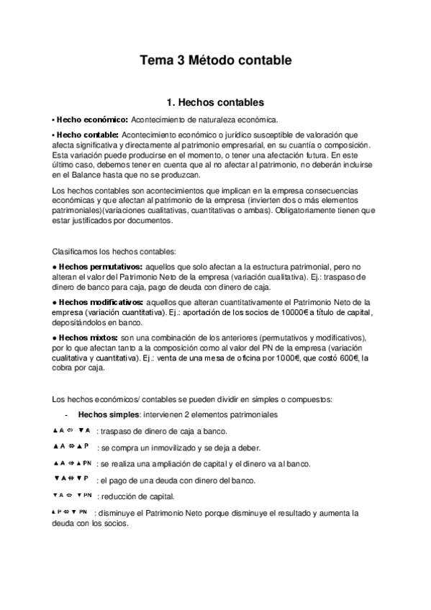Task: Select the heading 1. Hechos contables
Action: (x=215, y=102)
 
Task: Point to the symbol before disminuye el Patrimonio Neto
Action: (x=69, y=512)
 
